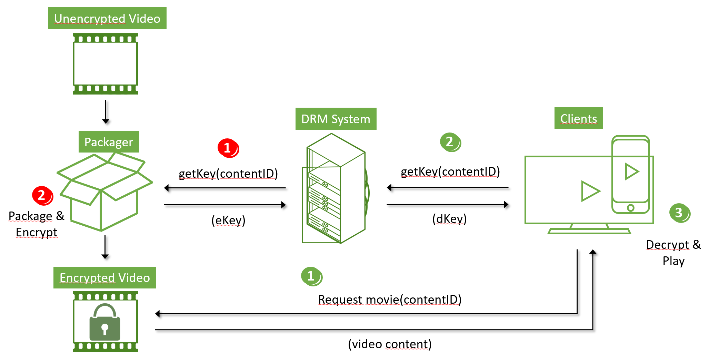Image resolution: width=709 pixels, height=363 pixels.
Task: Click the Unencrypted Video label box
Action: tap(107, 18)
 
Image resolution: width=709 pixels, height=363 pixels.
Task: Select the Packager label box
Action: tap(109, 142)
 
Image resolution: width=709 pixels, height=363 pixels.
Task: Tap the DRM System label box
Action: tap(336, 119)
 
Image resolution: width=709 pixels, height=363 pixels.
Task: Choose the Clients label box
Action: tap(578, 118)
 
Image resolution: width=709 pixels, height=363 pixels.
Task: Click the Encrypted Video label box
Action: tap(104, 277)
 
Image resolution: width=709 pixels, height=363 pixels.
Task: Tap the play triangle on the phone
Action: tap(631, 171)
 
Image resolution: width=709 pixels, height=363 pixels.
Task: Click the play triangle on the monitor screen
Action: tap(589, 191)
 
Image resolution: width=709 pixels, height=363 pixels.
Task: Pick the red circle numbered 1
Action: tap(228, 148)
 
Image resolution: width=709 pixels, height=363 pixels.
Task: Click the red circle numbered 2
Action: tap(42, 196)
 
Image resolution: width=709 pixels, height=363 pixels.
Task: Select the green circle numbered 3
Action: tap(679, 213)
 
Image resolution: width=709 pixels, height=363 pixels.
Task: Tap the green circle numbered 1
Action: tap(311, 276)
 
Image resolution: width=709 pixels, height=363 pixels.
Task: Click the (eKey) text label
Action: tap(228, 220)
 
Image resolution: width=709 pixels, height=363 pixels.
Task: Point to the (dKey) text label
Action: tap(449, 219)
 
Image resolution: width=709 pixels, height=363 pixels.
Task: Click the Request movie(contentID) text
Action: tap(389, 300)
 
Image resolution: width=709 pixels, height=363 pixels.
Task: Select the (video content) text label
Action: tap(390, 344)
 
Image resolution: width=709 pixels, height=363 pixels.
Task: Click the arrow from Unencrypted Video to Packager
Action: tap(106, 111)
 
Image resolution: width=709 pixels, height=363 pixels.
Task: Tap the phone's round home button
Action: tap(630, 208)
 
